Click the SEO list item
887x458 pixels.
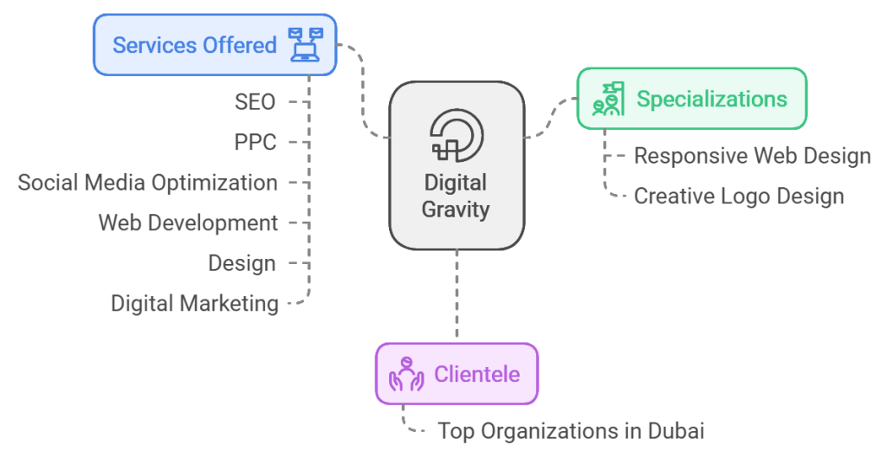coord(255,102)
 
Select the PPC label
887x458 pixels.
coord(255,142)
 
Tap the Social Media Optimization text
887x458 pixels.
coord(148,183)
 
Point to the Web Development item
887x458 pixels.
coord(188,223)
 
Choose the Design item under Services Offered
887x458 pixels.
coord(242,263)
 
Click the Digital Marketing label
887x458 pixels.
coord(195,303)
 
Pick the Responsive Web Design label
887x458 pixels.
coord(752,156)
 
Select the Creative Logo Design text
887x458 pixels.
coord(738,196)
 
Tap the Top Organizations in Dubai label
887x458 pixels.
coord(571,430)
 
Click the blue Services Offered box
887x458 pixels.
coord(215,44)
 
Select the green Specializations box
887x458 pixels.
coord(691,100)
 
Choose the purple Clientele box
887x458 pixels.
coord(456,374)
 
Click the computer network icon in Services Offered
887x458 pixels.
coord(305,44)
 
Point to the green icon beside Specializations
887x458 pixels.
coord(608,100)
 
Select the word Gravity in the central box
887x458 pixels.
coord(456,209)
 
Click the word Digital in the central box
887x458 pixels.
coord(456,184)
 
